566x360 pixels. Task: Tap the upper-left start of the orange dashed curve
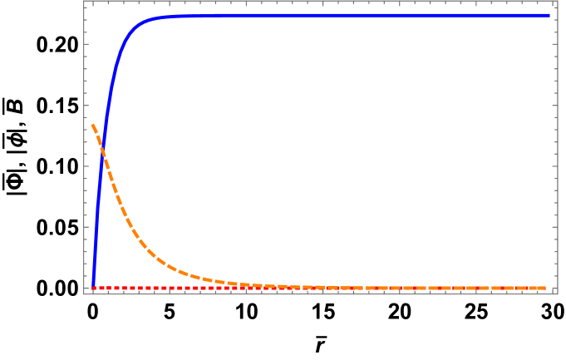[x=92, y=125]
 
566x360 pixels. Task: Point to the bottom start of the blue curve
[x=93, y=287]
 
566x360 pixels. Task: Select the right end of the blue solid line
[x=549, y=15]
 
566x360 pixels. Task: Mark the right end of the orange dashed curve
[x=546, y=288]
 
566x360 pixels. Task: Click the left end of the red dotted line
[x=93, y=288]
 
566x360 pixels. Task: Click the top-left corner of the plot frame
[x=84, y=2]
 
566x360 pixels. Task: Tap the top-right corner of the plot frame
[x=557, y=2]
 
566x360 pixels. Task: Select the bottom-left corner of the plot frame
[x=84, y=293]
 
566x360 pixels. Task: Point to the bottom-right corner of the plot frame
[x=557, y=293]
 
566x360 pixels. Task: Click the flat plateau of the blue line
[x=349, y=15]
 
